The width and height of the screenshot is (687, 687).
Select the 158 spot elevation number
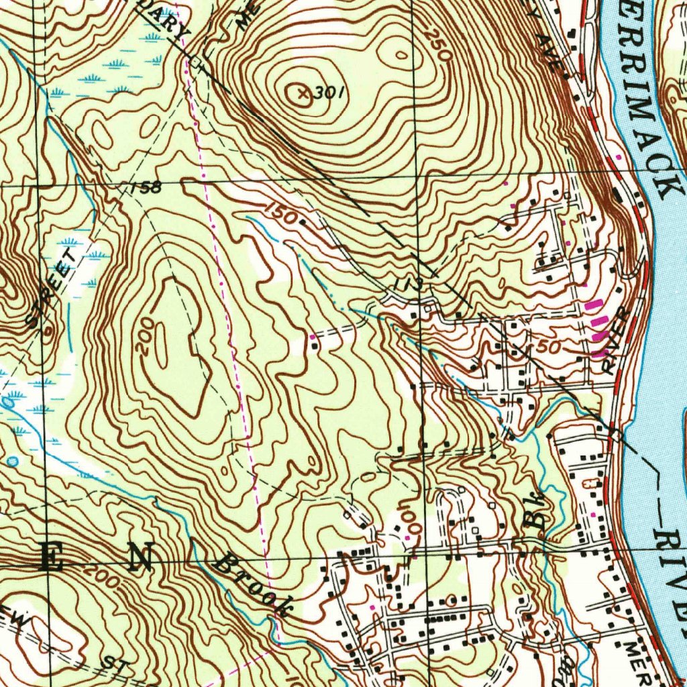pos(146,188)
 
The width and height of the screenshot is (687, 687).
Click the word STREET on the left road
pos(52,286)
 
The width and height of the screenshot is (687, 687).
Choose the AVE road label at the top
pos(547,54)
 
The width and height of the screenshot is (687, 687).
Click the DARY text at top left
pos(162,20)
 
